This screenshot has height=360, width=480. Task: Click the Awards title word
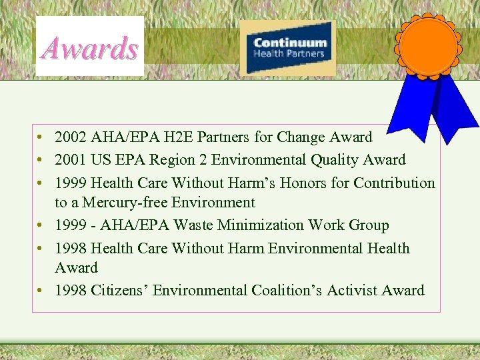click(89, 48)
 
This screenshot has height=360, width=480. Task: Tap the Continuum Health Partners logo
click(288, 47)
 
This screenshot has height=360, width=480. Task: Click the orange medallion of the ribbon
click(428, 46)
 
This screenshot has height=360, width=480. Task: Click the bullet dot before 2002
click(41, 138)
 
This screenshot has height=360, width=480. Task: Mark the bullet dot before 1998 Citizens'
click(41, 291)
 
